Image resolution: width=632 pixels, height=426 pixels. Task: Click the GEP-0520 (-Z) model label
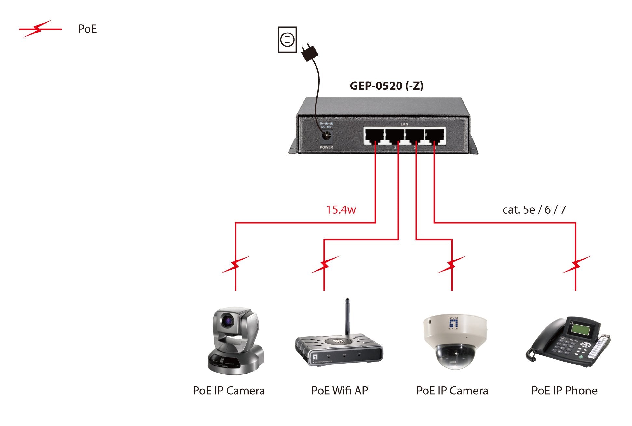click(386, 86)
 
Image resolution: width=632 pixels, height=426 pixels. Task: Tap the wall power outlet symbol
click(287, 40)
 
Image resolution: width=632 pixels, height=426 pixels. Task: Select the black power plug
click(309, 53)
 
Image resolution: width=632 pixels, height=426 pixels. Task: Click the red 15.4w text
click(341, 210)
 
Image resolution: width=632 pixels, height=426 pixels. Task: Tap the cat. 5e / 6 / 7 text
click(534, 210)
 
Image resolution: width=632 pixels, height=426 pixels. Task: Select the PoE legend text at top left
click(87, 29)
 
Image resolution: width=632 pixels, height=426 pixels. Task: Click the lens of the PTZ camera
click(227, 321)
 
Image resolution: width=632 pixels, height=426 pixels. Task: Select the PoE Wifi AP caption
click(339, 391)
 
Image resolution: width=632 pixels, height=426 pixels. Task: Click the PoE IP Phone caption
click(564, 391)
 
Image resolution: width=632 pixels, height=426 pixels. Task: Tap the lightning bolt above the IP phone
click(576, 264)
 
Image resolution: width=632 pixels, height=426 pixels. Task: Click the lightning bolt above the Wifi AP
click(324, 264)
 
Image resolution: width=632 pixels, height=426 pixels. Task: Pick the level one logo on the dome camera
click(453, 324)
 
